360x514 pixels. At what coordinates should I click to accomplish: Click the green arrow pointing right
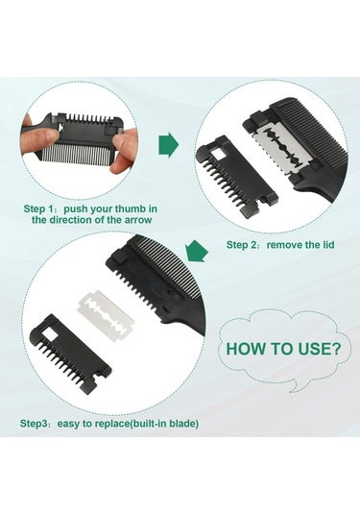click(169, 144)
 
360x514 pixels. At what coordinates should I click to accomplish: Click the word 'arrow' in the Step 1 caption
click(138, 219)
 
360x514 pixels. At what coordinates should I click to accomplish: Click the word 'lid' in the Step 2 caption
click(327, 245)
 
